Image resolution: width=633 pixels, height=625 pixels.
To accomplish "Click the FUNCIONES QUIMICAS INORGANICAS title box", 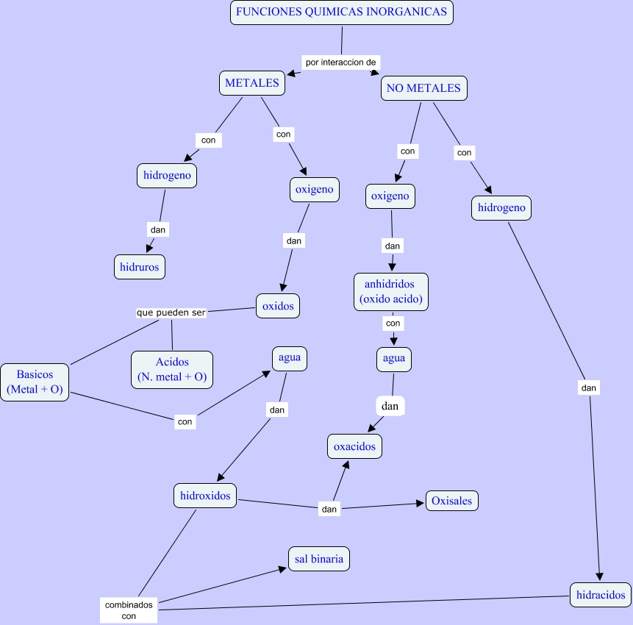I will pyautogui.click(x=341, y=12).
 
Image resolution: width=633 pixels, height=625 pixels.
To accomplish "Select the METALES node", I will pyautogui.click(x=252, y=83).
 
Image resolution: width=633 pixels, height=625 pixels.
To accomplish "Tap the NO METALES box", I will pyautogui.click(x=423, y=88).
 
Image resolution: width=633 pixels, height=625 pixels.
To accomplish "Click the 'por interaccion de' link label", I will pyautogui.click(x=340, y=63).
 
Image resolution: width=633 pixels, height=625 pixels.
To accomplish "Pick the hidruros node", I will pyautogui.click(x=140, y=267).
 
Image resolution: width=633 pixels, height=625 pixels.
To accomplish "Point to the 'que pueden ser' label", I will pyautogui.click(x=171, y=312).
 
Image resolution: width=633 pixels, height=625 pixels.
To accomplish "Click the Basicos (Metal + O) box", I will pyautogui.click(x=35, y=382).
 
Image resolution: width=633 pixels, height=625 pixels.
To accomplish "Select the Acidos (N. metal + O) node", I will pyautogui.click(x=172, y=370).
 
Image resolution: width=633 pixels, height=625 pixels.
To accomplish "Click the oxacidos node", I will pyautogui.click(x=354, y=446).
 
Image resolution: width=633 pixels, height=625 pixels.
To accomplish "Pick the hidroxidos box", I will pyautogui.click(x=205, y=496).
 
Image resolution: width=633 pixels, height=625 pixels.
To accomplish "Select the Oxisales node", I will pyautogui.click(x=452, y=501).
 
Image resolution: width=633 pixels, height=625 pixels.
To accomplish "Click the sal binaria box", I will pyautogui.click(x=318, y=559).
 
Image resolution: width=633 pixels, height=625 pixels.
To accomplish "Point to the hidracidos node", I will pyautogui.click(x=600, y=594).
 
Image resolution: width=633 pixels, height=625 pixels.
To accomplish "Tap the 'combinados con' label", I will pyautogui.click(x=129, y=610).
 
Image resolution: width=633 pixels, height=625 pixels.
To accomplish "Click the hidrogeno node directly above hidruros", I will pyautogui.click(x=167, y=176).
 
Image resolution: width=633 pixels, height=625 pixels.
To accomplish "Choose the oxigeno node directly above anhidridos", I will pyautogui.click(x=390, y=196).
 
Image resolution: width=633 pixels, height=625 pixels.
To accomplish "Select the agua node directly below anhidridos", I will pyautogui.click(x=393, y=359).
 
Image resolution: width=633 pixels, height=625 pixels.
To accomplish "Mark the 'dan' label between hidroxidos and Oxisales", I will pyautogui.click(x=329, y=508).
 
